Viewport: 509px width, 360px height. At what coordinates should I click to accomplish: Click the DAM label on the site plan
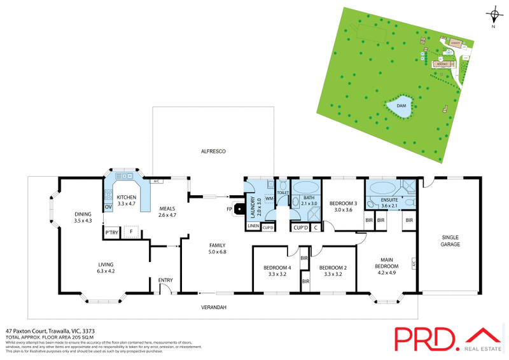point(401,106)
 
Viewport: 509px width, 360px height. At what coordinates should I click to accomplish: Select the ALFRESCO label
point(214,151)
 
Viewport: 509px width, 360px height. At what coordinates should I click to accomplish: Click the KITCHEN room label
point(127,198)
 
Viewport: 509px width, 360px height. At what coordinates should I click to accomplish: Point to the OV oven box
point(108,207)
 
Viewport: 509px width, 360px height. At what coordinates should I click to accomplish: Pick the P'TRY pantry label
point(113,233)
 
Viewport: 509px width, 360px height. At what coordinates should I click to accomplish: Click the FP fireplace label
point(228,208)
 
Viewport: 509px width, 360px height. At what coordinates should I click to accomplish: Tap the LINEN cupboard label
point(253,226)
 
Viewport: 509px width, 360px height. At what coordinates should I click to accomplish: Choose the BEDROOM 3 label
point(344,205)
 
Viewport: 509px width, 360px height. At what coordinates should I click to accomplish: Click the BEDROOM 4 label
point(277,267)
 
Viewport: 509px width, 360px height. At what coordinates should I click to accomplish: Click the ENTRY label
point(165,279)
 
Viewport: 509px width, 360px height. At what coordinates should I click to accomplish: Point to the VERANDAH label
point(214,308)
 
